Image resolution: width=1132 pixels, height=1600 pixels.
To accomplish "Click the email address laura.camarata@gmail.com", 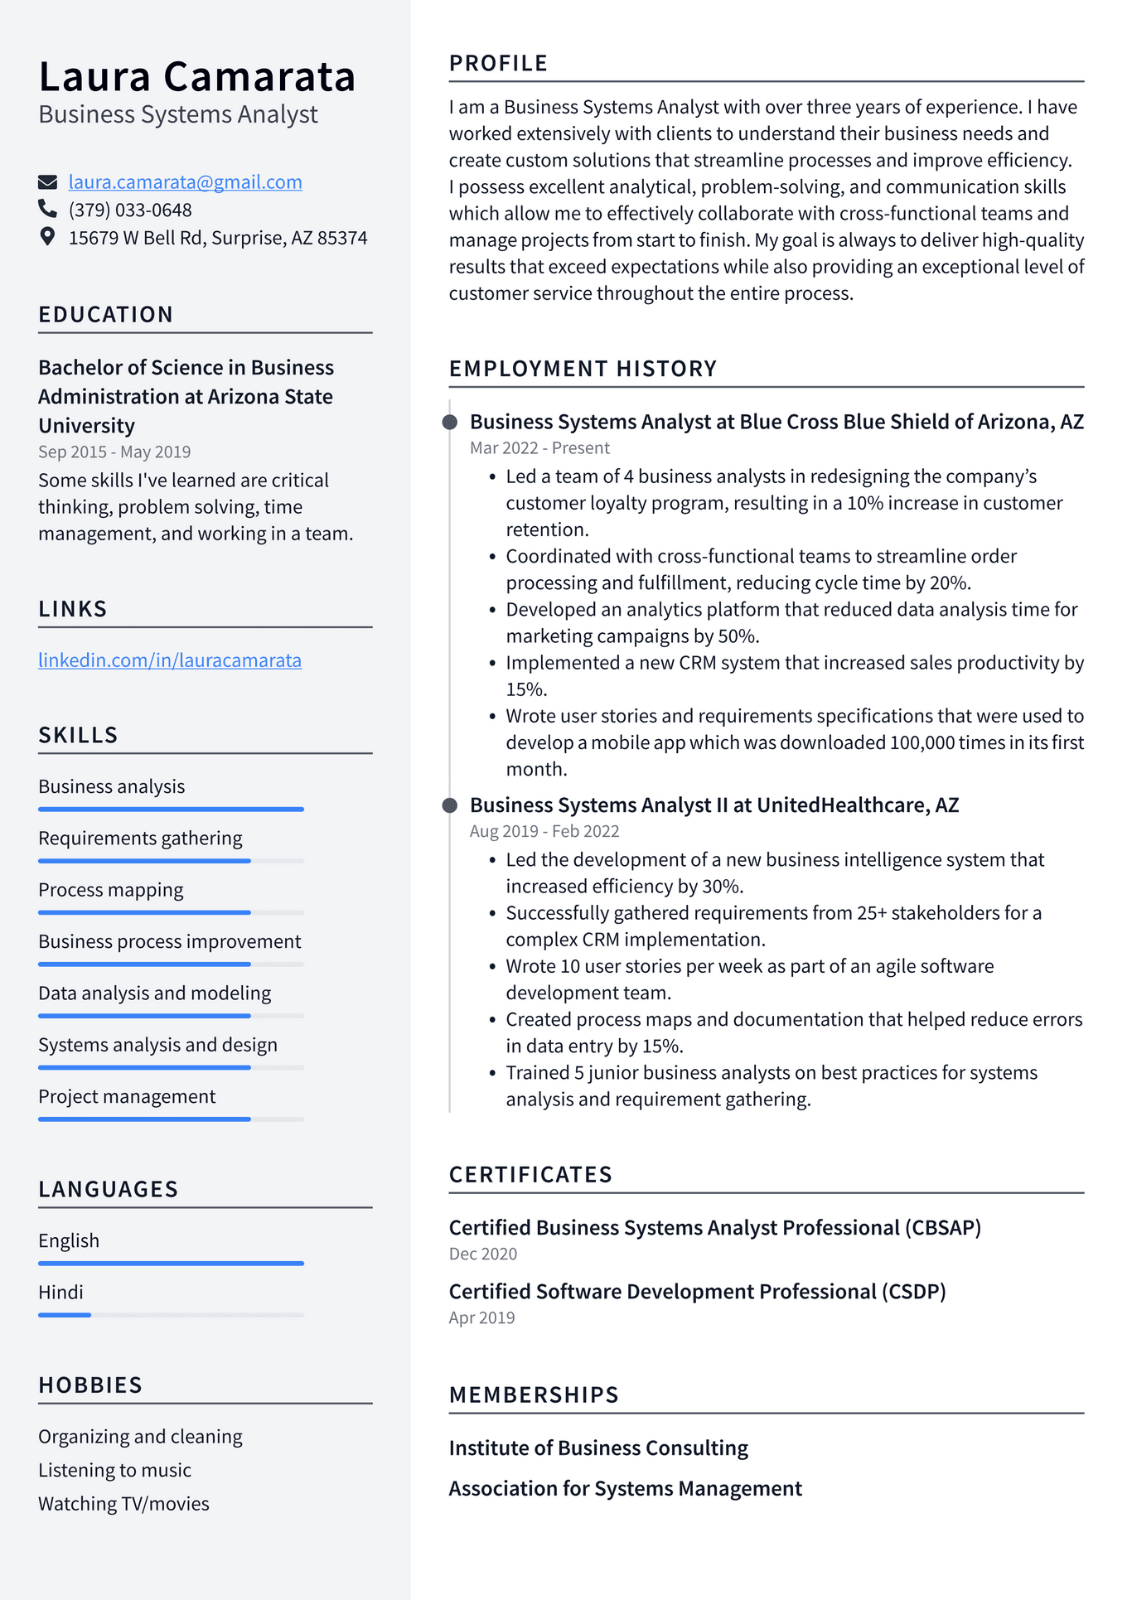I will coord(185,182).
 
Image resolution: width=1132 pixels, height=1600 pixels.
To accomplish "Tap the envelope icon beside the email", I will coord(48,182).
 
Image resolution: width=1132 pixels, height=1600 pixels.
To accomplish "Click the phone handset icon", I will coord(48,209).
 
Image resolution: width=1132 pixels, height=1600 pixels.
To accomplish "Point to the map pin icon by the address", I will coord(48,237).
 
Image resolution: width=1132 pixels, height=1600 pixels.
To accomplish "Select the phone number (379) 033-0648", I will coord(130,210).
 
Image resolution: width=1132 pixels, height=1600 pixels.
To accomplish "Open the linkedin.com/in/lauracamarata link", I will coord(170,660).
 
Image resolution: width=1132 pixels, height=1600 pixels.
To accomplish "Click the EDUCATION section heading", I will coord(106,315).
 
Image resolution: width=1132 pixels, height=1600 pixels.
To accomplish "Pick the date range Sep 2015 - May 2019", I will coord(114,452).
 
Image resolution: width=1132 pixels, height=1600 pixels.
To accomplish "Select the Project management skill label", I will coord(127,1097).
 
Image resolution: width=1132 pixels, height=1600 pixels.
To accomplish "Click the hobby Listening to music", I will coord(114,1470).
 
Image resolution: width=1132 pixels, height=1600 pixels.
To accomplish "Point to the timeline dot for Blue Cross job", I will coord(450,423).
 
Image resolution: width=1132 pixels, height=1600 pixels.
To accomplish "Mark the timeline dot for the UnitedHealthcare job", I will coord(450,805).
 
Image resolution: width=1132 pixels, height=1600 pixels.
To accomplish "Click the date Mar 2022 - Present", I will coord(539,448).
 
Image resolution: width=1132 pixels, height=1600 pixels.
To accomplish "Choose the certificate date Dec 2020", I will coord(483,1254).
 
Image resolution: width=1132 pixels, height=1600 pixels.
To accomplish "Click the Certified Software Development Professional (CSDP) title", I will coord(697,1292).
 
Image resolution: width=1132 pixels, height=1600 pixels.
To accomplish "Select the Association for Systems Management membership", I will coord(625,1489).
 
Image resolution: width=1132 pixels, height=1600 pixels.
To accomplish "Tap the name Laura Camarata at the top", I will coord(197,77).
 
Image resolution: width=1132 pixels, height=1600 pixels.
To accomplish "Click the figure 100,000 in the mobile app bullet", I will coord(922,743).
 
